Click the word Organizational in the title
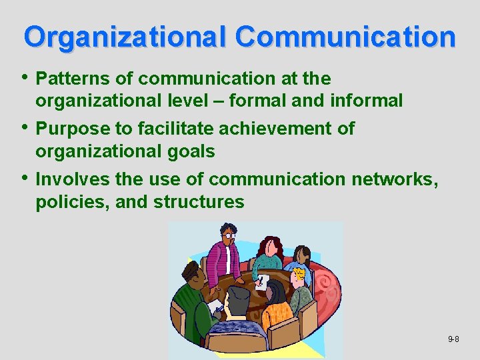pyautogui.click(x=126, y=37)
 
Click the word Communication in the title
pyautogui.click(x=345, y=37)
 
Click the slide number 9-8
pyautogui.click(x=453, y=339)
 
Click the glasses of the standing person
pyautogui.click(x=229, y=235)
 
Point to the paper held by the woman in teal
pyautogui.click(x=263, y=281)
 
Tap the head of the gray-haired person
pyautogui.click(x=237, y=299)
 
